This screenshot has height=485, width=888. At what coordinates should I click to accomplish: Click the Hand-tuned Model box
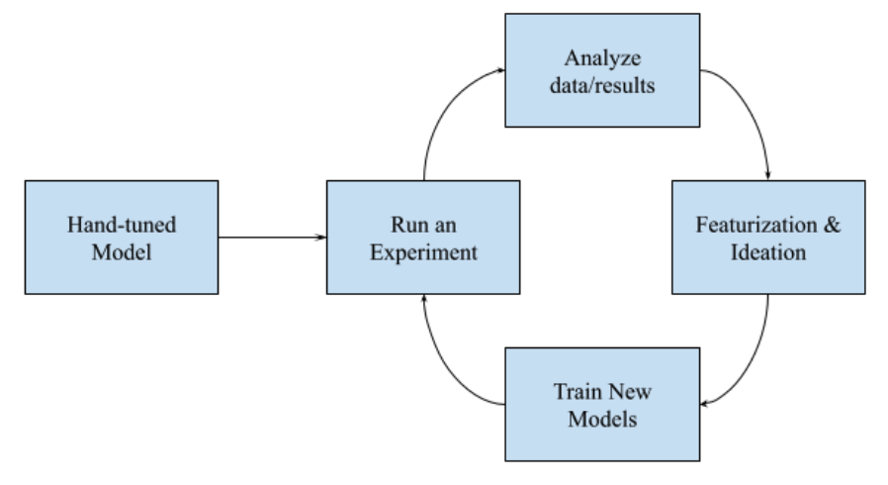121,237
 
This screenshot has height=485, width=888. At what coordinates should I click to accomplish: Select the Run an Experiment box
422,237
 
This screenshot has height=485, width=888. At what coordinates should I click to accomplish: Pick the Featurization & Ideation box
767,237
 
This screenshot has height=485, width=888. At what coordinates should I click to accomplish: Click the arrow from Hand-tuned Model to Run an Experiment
272,238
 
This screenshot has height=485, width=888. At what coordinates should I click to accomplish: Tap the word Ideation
767,250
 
